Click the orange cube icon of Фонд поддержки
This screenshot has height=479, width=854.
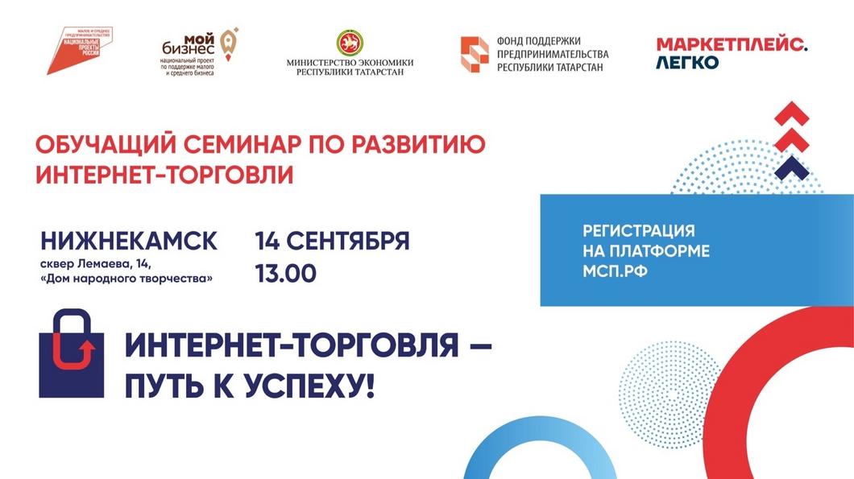coord(474,54)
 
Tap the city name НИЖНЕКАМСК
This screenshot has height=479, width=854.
coord(128,241)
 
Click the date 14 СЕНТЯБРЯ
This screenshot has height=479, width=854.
coord(332,241)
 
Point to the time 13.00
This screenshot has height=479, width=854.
coord(285,274)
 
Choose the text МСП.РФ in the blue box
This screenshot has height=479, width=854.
coord(616,271)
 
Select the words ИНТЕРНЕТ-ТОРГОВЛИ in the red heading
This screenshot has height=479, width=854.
coord(164,174)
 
